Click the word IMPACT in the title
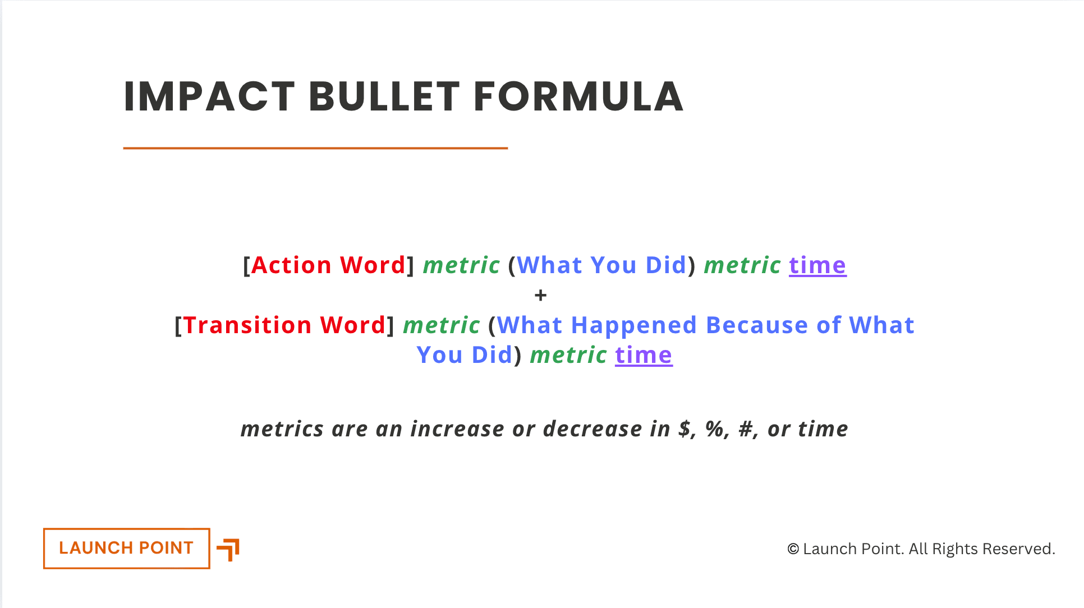[209, 96]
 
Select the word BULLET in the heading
[384, 96]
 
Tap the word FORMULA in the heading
[578, 96]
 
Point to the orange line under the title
[315, 148]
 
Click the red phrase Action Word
[328, 265]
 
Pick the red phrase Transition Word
[284, 325]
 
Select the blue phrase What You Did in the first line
[601, 265]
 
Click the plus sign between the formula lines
[540, 295]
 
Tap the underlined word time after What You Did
[817, 265]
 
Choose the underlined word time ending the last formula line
[644, 355]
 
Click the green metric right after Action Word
[461, 265]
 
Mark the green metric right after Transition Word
[442, 325]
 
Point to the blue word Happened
[633, 325]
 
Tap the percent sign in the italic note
[715, 429]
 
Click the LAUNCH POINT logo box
[127, 549]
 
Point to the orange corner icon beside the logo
[228, 550]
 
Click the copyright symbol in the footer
[793, 549]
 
